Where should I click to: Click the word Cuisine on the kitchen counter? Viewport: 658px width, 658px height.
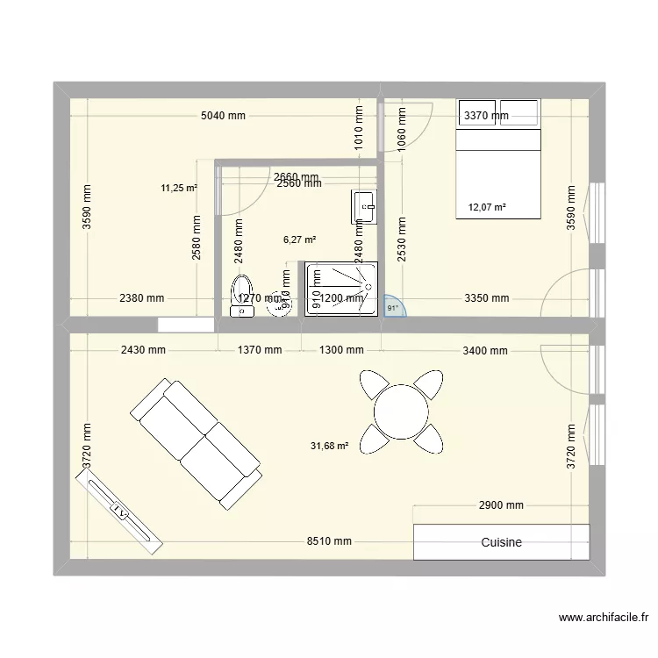click(501, 542)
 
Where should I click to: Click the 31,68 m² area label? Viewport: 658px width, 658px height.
click(329, 446)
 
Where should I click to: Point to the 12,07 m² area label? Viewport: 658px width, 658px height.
click(487, 208)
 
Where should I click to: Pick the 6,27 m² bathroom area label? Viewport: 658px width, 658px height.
click(299, 239)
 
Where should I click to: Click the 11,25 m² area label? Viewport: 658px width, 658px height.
click(179, 187)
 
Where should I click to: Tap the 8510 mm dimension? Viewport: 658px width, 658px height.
click(329, 541)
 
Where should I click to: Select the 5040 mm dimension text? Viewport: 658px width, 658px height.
click(223, 116)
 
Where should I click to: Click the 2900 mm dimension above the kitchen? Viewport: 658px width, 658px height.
click(501, 505)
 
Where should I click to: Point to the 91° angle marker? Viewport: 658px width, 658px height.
click(392, 308)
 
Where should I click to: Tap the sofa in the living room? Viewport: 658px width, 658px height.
click(196, 444)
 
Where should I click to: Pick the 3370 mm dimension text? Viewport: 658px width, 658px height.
click(486, 116)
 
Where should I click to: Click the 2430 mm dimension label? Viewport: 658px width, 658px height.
click(144, 350)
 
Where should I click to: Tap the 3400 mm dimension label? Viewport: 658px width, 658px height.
click(485, 351)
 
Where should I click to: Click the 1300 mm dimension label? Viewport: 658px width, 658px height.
click(340, 350)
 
